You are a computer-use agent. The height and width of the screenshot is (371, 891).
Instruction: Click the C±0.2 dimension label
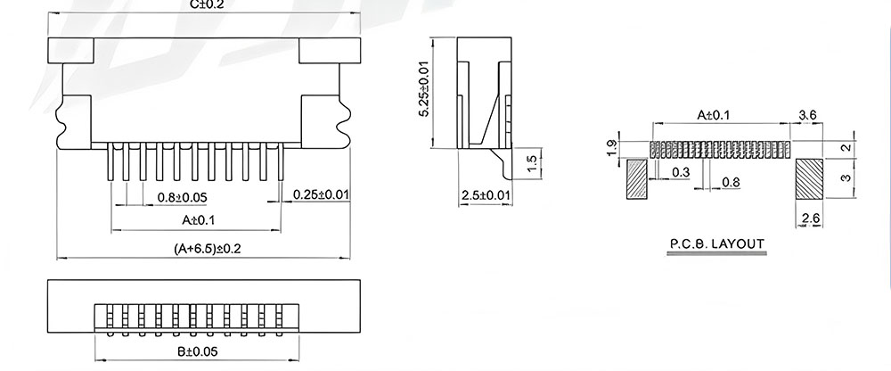click(208, 4)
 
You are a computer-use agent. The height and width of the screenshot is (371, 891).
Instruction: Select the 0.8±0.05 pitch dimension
click(182, 197)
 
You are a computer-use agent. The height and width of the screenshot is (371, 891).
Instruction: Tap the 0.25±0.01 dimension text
click(321, 194)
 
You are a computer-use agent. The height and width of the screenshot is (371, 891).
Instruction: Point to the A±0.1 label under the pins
click(199, 220)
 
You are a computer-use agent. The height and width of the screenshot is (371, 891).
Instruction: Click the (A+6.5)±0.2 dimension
click(208, 249)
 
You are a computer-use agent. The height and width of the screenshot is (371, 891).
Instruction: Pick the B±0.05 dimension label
click(197, 351)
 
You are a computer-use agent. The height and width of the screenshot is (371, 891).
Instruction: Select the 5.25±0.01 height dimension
click(424, 88)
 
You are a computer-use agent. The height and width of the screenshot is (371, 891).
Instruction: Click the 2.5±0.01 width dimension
click(486, 195)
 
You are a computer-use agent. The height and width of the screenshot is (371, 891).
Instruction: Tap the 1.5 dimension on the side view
click(532, 163)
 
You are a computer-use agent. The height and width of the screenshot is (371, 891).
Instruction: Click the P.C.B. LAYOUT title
click(717, 244)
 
